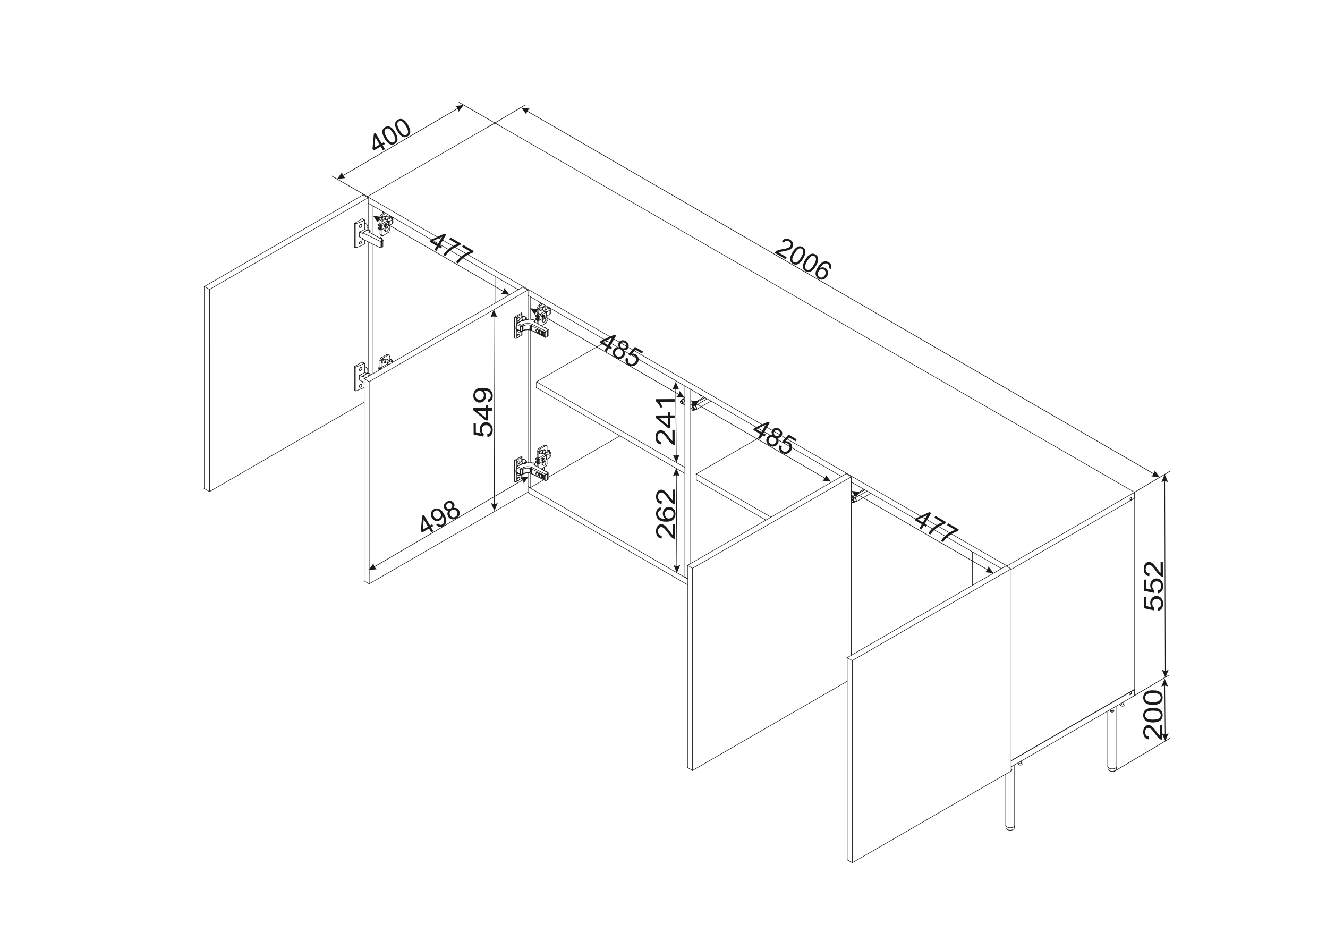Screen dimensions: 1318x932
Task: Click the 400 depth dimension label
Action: (392, 135)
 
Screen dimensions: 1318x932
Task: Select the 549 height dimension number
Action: (483, 412)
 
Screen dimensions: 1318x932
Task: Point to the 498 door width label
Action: (440, 517)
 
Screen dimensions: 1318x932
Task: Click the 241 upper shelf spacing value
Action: (666, 421)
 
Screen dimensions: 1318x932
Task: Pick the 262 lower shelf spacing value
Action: (666, 514)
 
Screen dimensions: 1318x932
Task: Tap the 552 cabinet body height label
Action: (1154, 586)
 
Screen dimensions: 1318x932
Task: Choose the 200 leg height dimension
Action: (1153, 715)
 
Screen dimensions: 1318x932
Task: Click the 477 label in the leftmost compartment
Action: (452, 248)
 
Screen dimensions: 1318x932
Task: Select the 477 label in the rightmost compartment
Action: (936, 527)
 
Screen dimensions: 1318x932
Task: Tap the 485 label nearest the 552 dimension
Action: (775, 438)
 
